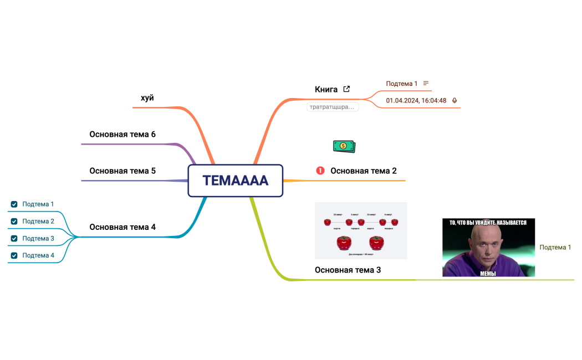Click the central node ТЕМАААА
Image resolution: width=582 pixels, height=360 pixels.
(x=236, y=181)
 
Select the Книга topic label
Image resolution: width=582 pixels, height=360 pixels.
(x=326, y=89)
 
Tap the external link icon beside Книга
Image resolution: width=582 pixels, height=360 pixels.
(x=346, y=89)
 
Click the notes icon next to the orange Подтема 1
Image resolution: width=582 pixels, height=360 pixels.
(x=426, y=83)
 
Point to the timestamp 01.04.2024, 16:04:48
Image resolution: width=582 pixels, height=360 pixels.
(x=416, y=101)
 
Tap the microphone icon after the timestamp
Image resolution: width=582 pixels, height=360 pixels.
(x=455, y=101)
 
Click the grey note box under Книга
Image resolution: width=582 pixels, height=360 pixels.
(x=333, y=107)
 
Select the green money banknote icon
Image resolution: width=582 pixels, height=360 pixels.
(x=344, y=146)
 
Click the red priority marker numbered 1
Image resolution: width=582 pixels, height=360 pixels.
(x=320, y=171)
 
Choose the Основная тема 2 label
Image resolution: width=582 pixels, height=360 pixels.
(x=364, y=171)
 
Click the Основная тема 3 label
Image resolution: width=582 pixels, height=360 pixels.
(x=348, y=270)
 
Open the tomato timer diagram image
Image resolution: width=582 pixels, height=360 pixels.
(x=361, y=230)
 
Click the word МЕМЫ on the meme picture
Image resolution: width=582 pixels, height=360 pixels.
(x=488, y=273)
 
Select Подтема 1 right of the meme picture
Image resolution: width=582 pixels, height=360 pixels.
(x=555, y=247)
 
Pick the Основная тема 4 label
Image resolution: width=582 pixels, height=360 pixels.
(x=122, y=227)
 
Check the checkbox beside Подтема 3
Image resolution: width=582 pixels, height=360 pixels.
(x=14, y=239)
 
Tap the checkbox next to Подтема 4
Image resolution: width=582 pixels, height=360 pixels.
(x=14, y=256)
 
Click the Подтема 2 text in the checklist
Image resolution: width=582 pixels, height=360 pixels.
(x=38, y=222)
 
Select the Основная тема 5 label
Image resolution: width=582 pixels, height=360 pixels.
(x=122, y=171)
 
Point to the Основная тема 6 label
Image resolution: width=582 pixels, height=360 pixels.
(x=122, y=134)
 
